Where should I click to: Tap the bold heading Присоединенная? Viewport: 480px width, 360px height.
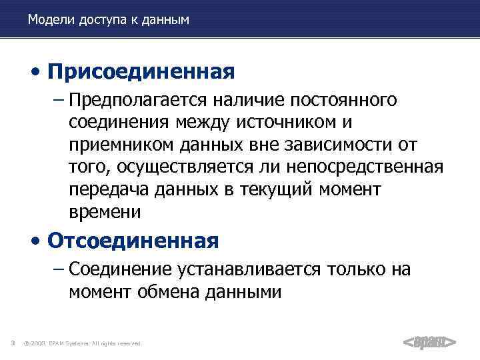pyautogui.click(x=141, y=71)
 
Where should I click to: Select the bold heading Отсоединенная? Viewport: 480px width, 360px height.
pyautogui.click(x=133, y=239)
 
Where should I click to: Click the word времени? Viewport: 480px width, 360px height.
pyautogui.click(x=104, y=212)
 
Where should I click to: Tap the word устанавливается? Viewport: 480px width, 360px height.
pyautogui.click(x=251, y=269)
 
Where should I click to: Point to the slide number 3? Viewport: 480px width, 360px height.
pyautogui.click(x=13, y=343)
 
